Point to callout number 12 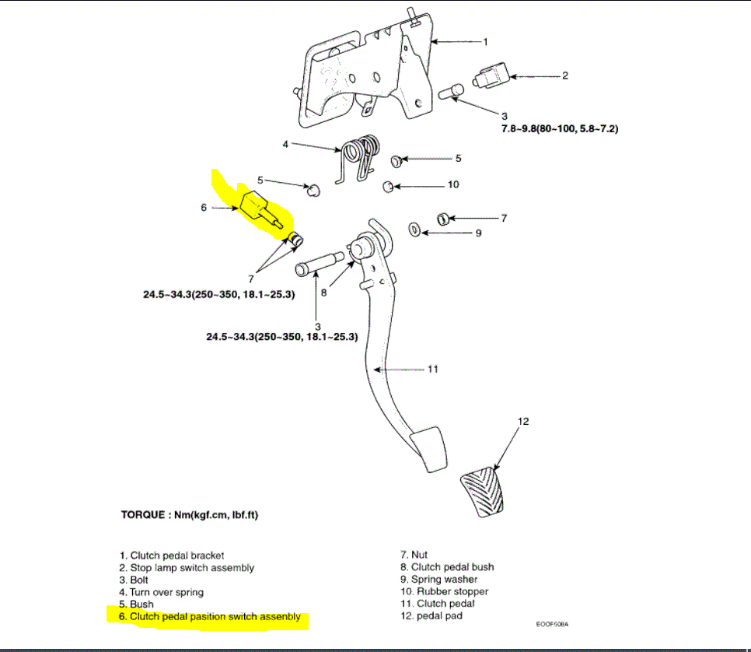[524, 422]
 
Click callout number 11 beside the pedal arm [432, 369]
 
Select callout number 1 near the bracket [485, 40]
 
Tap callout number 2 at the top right [565, 75]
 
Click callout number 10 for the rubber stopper [453, 185]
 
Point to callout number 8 [323, 294]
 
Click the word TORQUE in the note [141, 515]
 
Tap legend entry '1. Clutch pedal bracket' [172, 556]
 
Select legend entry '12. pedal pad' [431, 615]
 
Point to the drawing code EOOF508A [552, 624]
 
